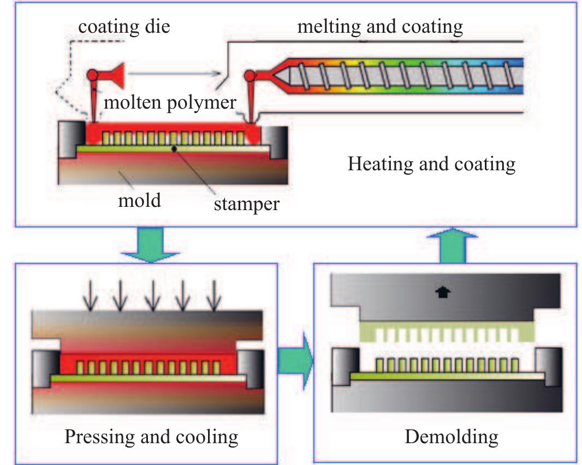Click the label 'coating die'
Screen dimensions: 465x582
point(124,27)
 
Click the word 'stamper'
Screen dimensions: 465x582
point(246,204)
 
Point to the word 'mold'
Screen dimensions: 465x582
point(140,200)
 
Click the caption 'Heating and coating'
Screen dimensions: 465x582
point(431,163)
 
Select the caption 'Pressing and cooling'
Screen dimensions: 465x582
point(151,437)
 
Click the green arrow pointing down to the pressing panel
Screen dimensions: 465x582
point(150,243)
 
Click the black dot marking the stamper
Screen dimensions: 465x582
point(174,148)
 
